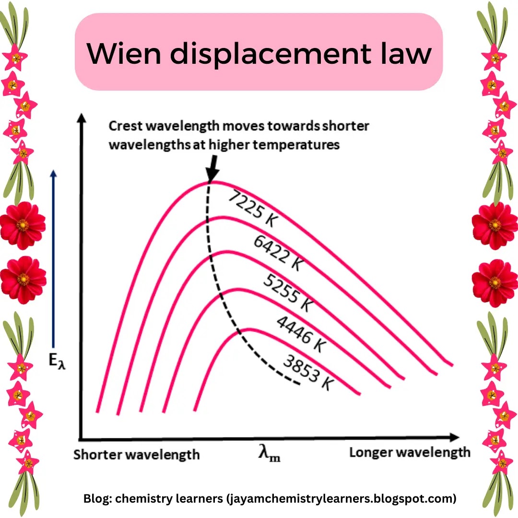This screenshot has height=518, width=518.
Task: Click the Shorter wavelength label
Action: tap(137, 454)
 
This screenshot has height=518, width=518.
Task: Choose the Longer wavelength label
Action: tap(410, 452)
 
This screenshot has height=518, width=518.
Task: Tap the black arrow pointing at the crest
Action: tap(212, 169)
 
